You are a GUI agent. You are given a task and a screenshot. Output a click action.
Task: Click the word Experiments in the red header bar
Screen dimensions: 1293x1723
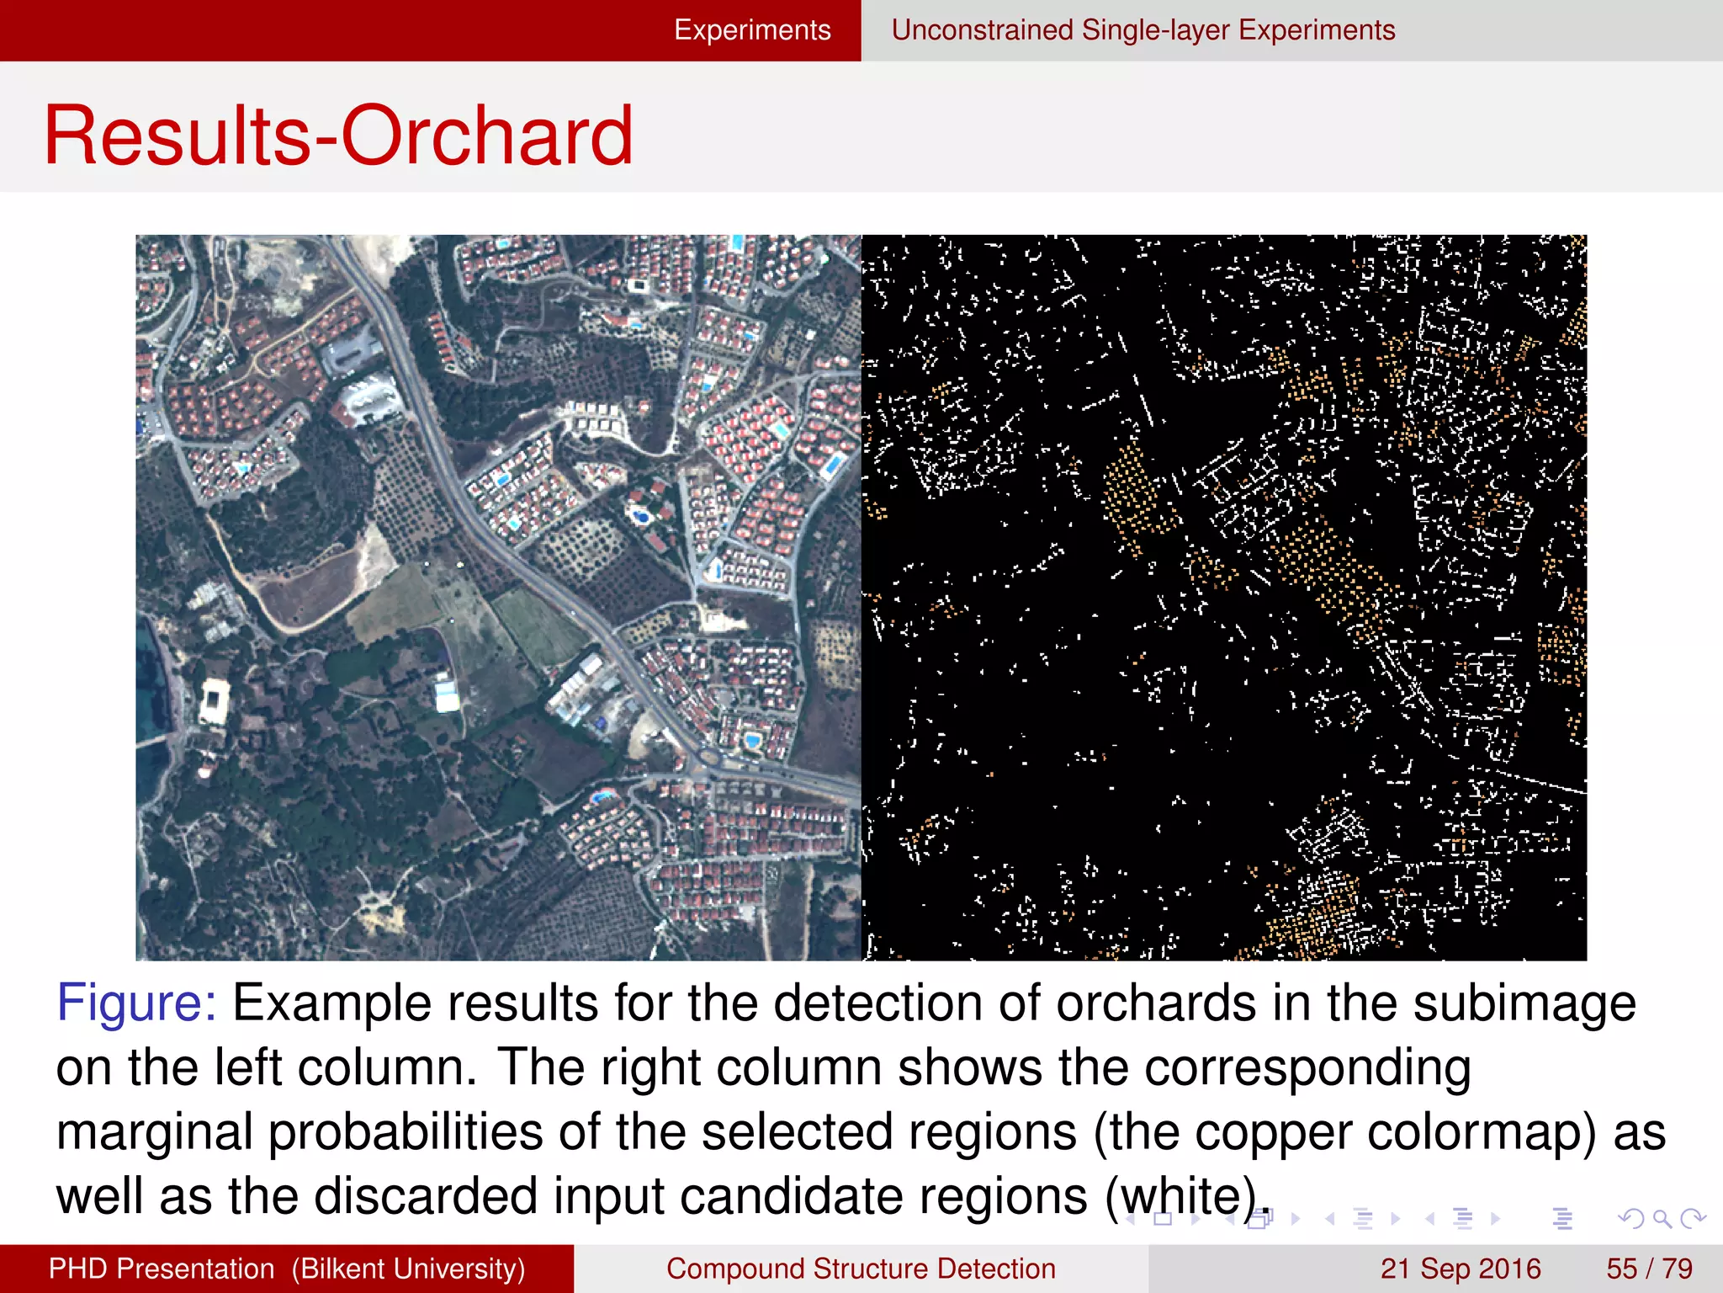pyautogui.click(x=752, y=30)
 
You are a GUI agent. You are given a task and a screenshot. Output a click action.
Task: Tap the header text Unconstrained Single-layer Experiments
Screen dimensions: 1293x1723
pyautogui.click(x=1142, y=30)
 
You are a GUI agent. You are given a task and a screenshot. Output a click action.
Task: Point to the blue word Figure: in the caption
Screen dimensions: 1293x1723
pyautogui.click(x=136, y=1003)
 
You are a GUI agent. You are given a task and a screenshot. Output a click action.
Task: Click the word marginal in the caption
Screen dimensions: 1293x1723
pyautogui.click(x=154, y=1132)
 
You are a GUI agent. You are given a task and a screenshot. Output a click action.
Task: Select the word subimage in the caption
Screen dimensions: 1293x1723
pyautogui.click(x=1524, y=1003)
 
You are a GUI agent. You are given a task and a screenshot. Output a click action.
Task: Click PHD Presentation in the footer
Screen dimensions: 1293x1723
pyautogui.click(x=162, y=1269)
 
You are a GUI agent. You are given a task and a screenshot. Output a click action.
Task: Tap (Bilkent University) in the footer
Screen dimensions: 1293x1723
pyautogui.click(x=409, y=1269)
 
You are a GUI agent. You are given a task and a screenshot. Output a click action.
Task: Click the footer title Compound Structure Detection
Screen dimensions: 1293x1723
pyautogui.click(x=861, y=1269)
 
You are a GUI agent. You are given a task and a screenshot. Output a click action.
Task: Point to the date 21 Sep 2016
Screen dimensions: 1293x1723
pyautogui.click(x=1460, y=1269)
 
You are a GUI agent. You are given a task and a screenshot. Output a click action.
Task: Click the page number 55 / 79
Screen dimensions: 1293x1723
pyautogui.click(x=1649, y=1269)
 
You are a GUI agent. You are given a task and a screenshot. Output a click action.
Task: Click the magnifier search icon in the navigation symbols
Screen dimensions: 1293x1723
pyautogui.click(x=1662, y=1218)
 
